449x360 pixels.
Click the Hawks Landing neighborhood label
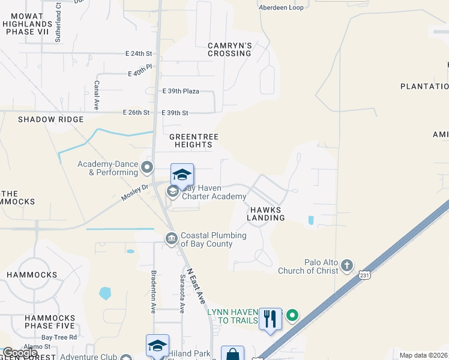[265, 214]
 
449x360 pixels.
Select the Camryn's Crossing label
[229, 49]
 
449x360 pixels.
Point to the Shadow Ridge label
[50, 119]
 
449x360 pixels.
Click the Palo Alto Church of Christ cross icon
[347, 265]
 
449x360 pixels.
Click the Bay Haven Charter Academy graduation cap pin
[182, 175]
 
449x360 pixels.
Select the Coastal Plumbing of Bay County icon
[172, 239]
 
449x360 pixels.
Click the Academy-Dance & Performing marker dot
[148, 166]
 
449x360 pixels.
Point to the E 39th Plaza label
[181, 91]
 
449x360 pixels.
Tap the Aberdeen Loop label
[281, 7]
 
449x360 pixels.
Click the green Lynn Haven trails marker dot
[292, 314]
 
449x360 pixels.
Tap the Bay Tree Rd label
[59, 337]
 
